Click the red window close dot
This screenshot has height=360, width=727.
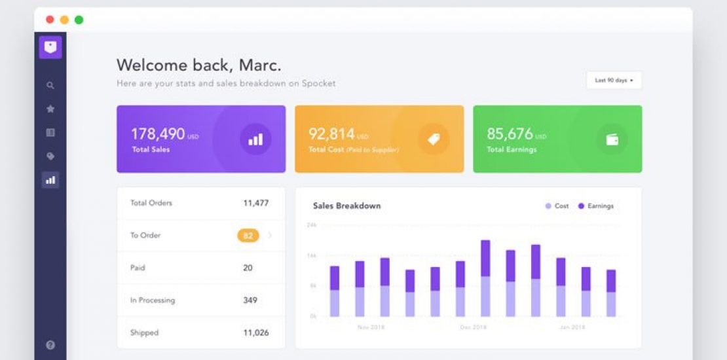[50, 20]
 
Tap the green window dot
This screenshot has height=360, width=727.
[79, 20]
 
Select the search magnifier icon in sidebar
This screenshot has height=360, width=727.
[50, 85]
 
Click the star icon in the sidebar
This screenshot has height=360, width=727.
[50, 109]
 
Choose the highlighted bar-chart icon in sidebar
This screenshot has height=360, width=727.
[50, 180]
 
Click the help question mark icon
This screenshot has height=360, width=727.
[50, 345]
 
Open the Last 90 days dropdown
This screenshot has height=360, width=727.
[614, 81]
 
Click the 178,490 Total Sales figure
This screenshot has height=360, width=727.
[158, 134]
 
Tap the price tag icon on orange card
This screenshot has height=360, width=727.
[434, 139]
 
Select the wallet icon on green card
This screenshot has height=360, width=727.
[612, 139]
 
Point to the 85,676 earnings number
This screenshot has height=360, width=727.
[510, 134]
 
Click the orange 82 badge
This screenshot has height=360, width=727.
[248, 236]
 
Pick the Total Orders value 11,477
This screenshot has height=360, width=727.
[256, 203]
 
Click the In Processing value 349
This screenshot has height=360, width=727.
[250, 300]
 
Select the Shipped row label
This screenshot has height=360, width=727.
[144, 333]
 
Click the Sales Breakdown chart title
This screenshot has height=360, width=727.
[346, 206]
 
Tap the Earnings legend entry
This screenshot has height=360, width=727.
[596, 206]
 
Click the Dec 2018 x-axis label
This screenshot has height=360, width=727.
[473, 327]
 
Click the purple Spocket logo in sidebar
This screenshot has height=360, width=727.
[50, 47]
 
